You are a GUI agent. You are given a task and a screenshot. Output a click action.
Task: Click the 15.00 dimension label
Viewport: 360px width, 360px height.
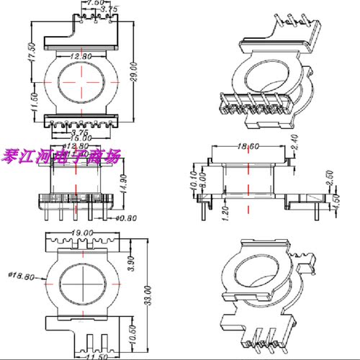(x=81, y=139)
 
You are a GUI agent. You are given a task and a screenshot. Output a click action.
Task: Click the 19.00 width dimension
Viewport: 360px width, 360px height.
(x=82, y=233)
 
